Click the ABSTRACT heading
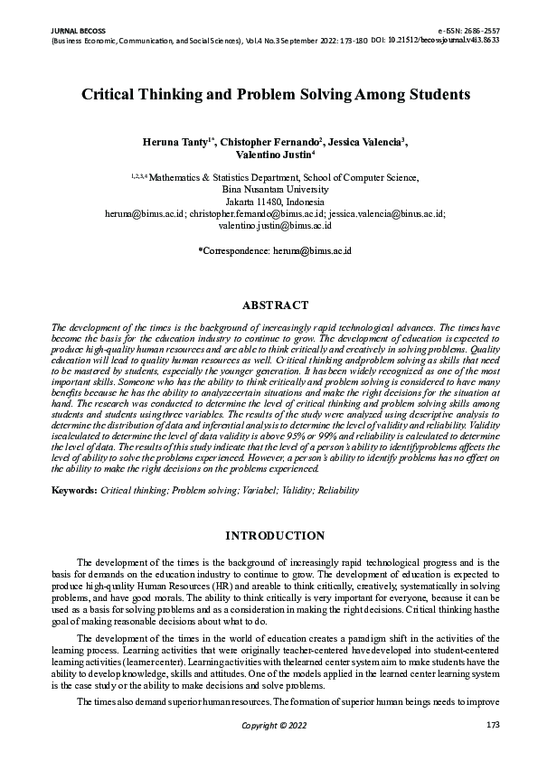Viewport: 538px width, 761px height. [x=269, y=305]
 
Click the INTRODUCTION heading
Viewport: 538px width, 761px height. [x=269, y=536]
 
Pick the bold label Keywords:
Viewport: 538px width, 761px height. [x=74, y=491]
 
